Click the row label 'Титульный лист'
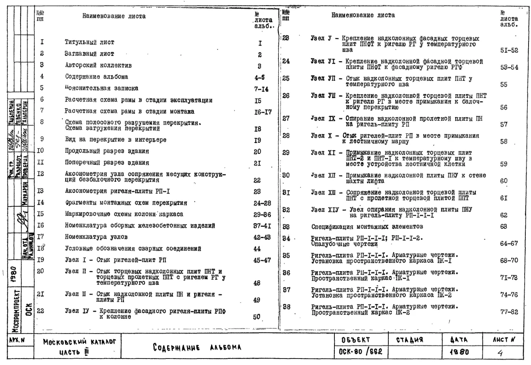point(89,42)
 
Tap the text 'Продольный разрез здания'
point(107,151)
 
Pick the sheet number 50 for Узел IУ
point(257,317)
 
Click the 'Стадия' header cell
point(414,339)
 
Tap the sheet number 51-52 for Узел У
point(509,51)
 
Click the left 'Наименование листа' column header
point(114,17)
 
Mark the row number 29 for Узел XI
point(286,153)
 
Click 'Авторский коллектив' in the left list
point(98,65)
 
